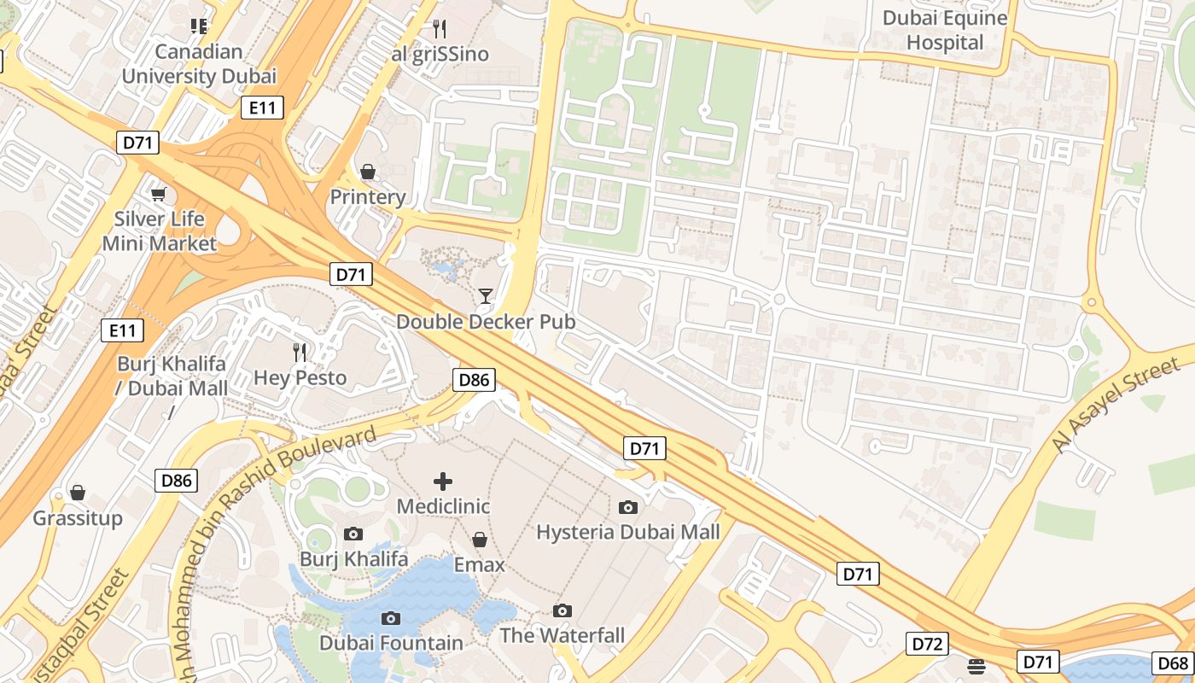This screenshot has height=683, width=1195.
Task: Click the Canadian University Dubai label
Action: click(199, 64)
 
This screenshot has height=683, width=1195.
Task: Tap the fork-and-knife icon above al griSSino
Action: click(440, 29)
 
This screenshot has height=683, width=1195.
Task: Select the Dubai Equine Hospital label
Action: click(945, 31)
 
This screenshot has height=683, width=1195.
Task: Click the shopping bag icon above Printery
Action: click(368, 172)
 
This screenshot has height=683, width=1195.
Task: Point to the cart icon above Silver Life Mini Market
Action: click(158, 194)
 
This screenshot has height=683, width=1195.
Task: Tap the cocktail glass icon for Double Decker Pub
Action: click(486, 296)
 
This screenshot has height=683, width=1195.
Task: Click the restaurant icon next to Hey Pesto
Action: click(300, 352)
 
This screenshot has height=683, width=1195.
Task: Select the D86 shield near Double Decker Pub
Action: click(473, 380)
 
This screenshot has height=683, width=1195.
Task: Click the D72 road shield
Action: click(926, 643)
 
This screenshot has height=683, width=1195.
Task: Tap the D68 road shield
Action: click(1172, 663)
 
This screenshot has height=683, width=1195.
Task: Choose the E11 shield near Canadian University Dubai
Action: click(261, 108)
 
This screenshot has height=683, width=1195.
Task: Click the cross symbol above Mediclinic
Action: click(443, 482)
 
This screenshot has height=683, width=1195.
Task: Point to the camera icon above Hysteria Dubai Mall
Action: click(628, 507)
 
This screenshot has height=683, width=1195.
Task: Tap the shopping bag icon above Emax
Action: click(479, 540)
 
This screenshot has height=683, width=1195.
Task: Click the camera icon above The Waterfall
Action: click(562, 610)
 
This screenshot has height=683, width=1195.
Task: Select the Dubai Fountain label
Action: click(391, 643)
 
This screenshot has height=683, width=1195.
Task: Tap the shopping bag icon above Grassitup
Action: click(78, 493)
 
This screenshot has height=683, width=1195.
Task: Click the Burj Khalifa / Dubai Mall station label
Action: click(172, 376)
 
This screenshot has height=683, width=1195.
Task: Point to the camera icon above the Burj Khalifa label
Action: click(353, 534)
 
